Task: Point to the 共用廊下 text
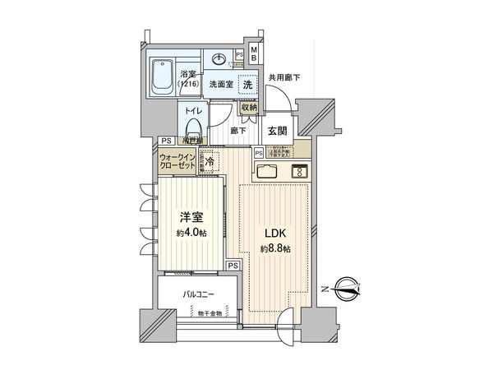pos(283,78)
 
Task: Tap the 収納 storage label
pos(250,106)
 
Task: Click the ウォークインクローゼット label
pos(177,161)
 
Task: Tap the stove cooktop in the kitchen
pos(300,172)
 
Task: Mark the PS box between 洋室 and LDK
pos(233,265)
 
